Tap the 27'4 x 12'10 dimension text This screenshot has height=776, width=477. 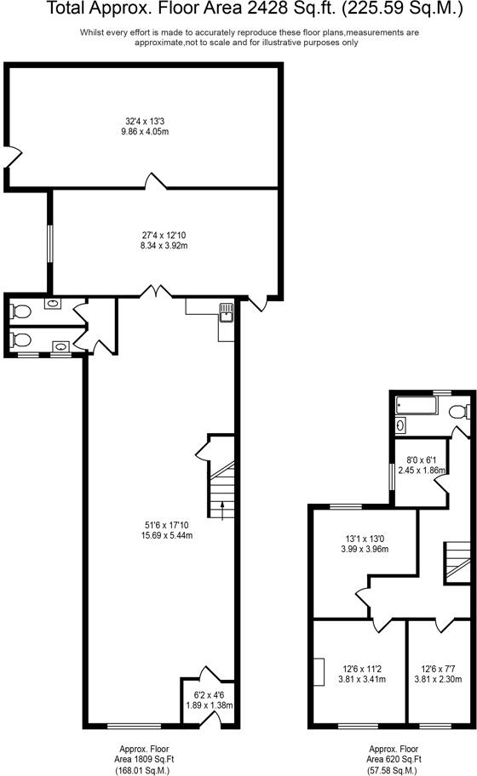[164, 240]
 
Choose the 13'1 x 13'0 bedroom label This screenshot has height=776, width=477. [364, 543]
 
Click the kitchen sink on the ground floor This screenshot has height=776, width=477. [227, 312]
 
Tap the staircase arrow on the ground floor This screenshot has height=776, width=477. [223, 508]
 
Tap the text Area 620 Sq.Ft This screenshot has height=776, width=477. [394, 757]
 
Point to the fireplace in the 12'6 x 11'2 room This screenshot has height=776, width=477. [318, 671]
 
